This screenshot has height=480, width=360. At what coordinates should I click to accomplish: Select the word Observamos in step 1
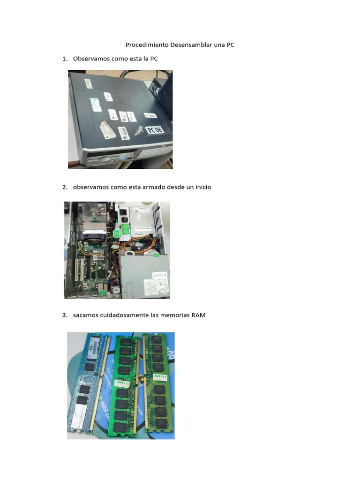[x=91, y=59]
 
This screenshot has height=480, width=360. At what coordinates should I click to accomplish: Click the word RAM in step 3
[x=198, y=315]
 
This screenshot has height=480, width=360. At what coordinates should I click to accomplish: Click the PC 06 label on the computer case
[x=154, y=129]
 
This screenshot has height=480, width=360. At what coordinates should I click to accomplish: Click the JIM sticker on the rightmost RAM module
[x=160, y=376]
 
